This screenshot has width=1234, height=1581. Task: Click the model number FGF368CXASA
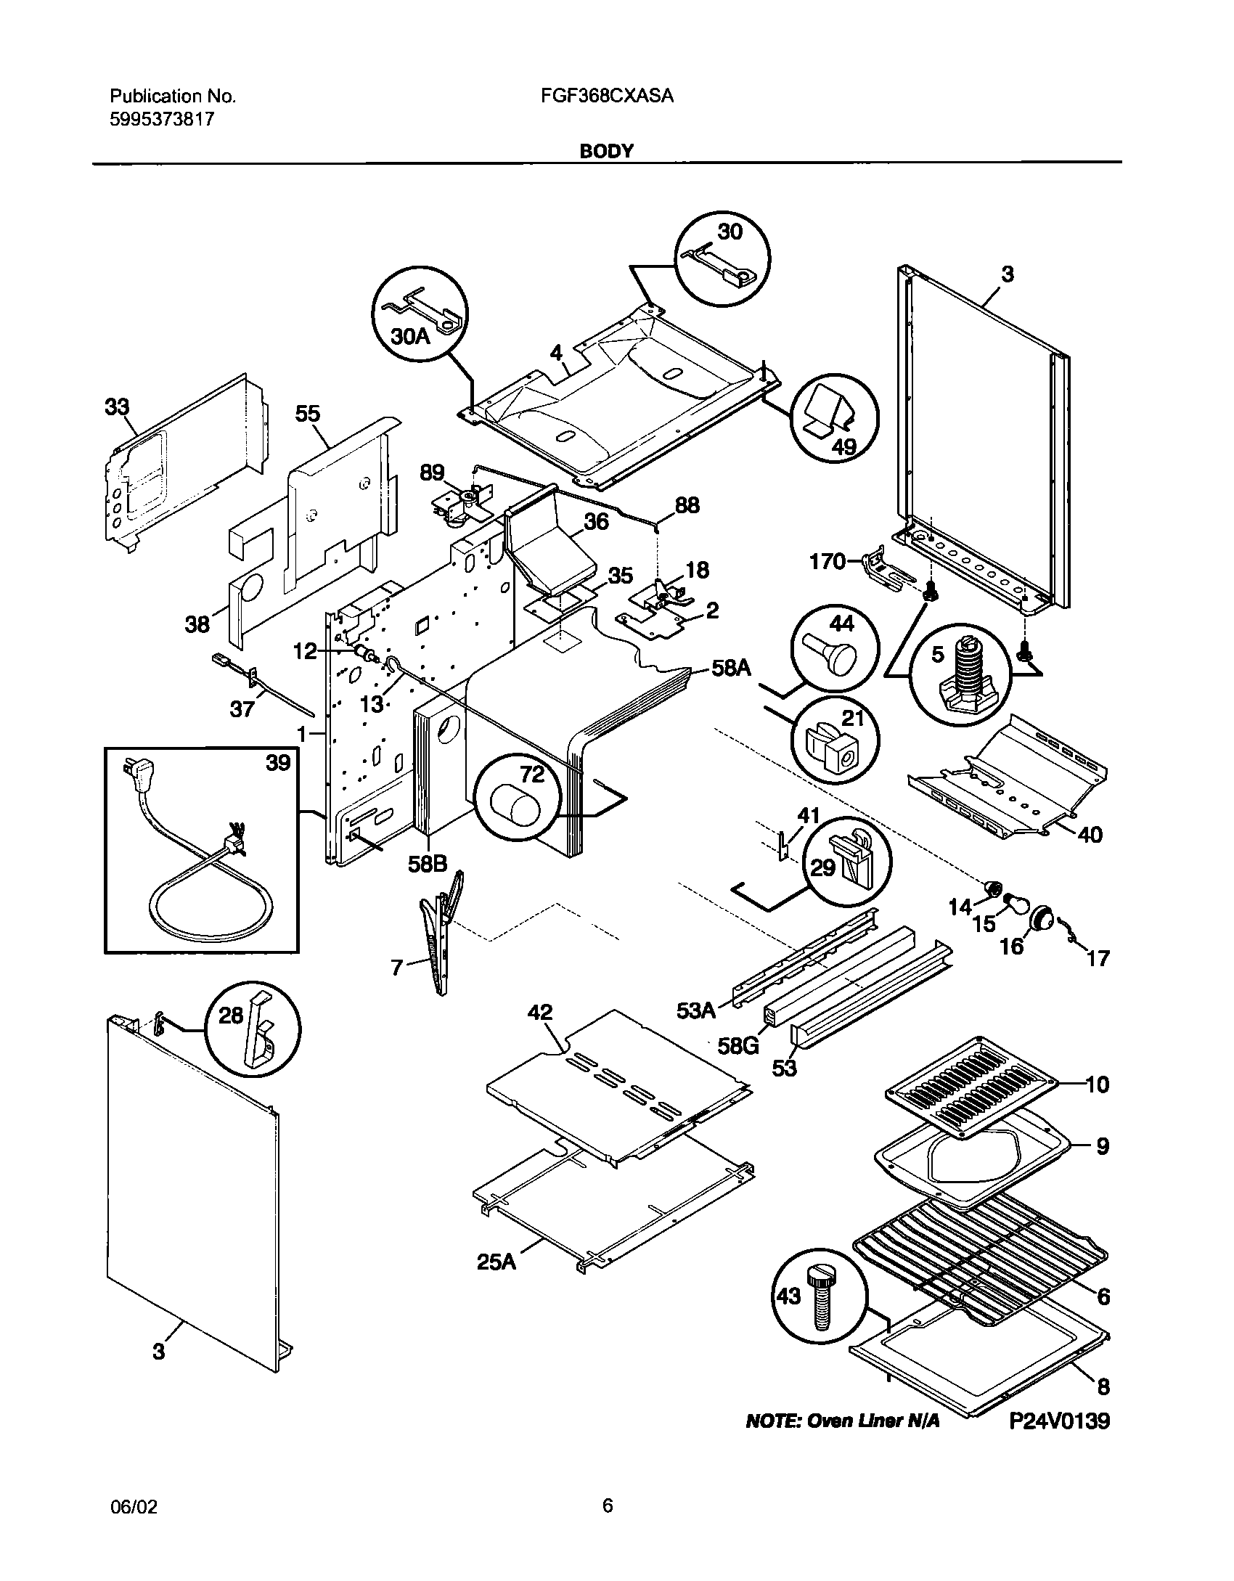tap(608, 96)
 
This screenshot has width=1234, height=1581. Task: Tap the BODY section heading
tap(607, 151)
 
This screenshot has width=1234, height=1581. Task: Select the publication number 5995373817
tap(162, 119)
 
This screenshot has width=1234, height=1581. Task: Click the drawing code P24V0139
tap(1061, 1441)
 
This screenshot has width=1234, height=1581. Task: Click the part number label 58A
tap(731, 668)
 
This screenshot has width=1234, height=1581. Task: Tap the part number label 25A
tap(497, 1262)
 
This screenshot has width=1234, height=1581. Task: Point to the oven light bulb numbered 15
tap(1014, 904)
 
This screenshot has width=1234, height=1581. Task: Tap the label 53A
tap(696, 1010)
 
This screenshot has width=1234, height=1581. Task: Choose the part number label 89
tap(433, 473)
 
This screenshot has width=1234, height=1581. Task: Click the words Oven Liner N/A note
tap(842, 1441)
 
